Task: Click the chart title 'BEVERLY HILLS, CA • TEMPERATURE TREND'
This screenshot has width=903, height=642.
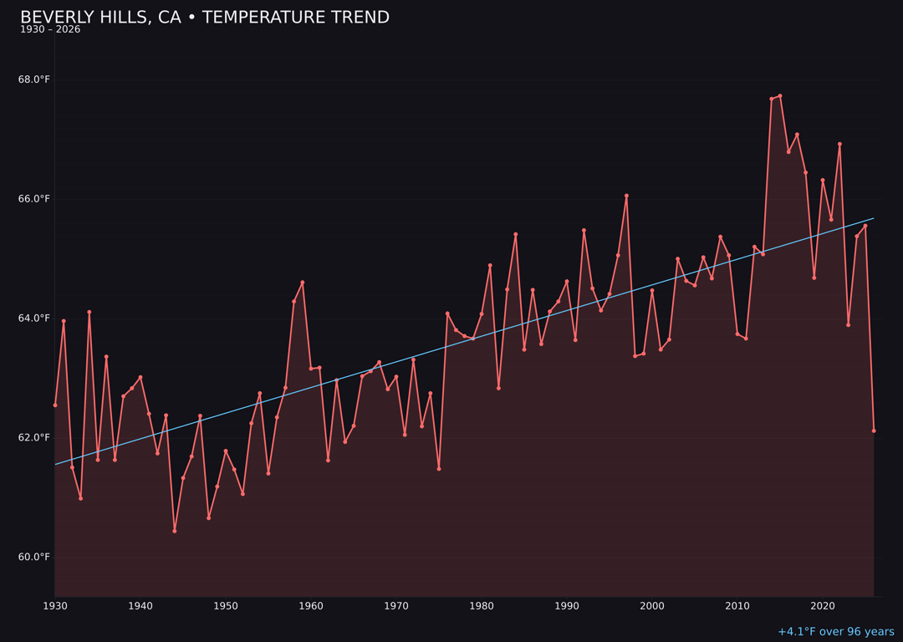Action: [205, 18]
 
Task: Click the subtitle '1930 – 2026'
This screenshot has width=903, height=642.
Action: [50, 30]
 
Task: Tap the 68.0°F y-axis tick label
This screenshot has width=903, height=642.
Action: [34, 80]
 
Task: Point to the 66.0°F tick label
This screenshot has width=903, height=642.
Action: [34, 199]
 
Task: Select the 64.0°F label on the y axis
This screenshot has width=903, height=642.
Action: [34, 318]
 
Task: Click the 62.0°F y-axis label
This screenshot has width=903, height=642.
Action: [34, 438]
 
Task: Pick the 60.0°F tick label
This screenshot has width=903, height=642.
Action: [34, 558]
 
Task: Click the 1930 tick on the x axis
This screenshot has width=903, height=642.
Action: [55, 606]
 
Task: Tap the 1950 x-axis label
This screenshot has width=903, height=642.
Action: [226, 606]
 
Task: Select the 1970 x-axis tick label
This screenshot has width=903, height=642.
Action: [396, 606]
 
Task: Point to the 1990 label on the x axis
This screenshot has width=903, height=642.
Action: [567, 606]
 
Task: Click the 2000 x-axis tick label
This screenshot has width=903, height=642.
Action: [652, 606]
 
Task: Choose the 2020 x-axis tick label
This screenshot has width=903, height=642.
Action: [823, 606]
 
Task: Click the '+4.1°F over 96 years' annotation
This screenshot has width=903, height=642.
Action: [835, 632]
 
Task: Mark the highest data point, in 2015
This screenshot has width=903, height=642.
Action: [780, 96]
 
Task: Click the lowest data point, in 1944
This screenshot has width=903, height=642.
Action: [175, 531]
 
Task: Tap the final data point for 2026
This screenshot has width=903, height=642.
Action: [874, 431]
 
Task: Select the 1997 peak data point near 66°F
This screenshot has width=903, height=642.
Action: [626, 196]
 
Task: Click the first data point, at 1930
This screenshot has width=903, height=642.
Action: [55, 405]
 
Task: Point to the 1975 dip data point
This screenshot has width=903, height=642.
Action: [439, 469]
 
